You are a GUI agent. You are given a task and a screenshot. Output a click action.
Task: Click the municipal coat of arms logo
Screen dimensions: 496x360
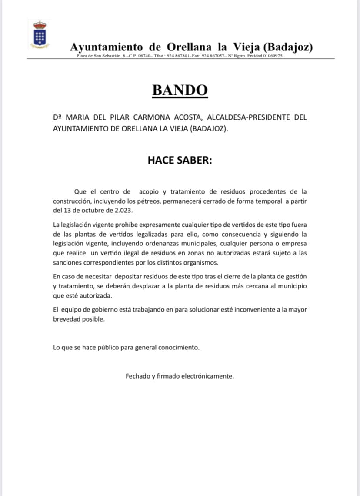tap(40, 34)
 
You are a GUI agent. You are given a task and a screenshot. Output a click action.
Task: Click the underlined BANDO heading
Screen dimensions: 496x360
tap(180, 90)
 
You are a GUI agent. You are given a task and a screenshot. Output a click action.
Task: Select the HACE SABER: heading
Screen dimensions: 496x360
tap(180, 160)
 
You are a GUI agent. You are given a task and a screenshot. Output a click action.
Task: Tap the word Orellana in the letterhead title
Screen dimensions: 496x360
tap(192, 47)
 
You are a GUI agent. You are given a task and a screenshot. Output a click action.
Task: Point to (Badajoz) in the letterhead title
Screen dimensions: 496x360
tap(288, 47)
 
